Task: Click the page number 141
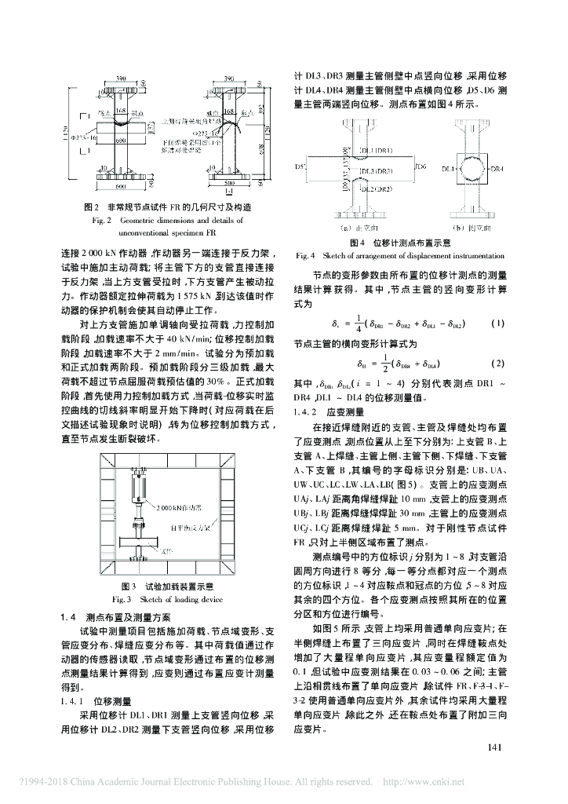pos(493,747)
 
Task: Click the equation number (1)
pos(496,323)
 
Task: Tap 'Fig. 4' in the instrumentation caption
pos(305,255)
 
